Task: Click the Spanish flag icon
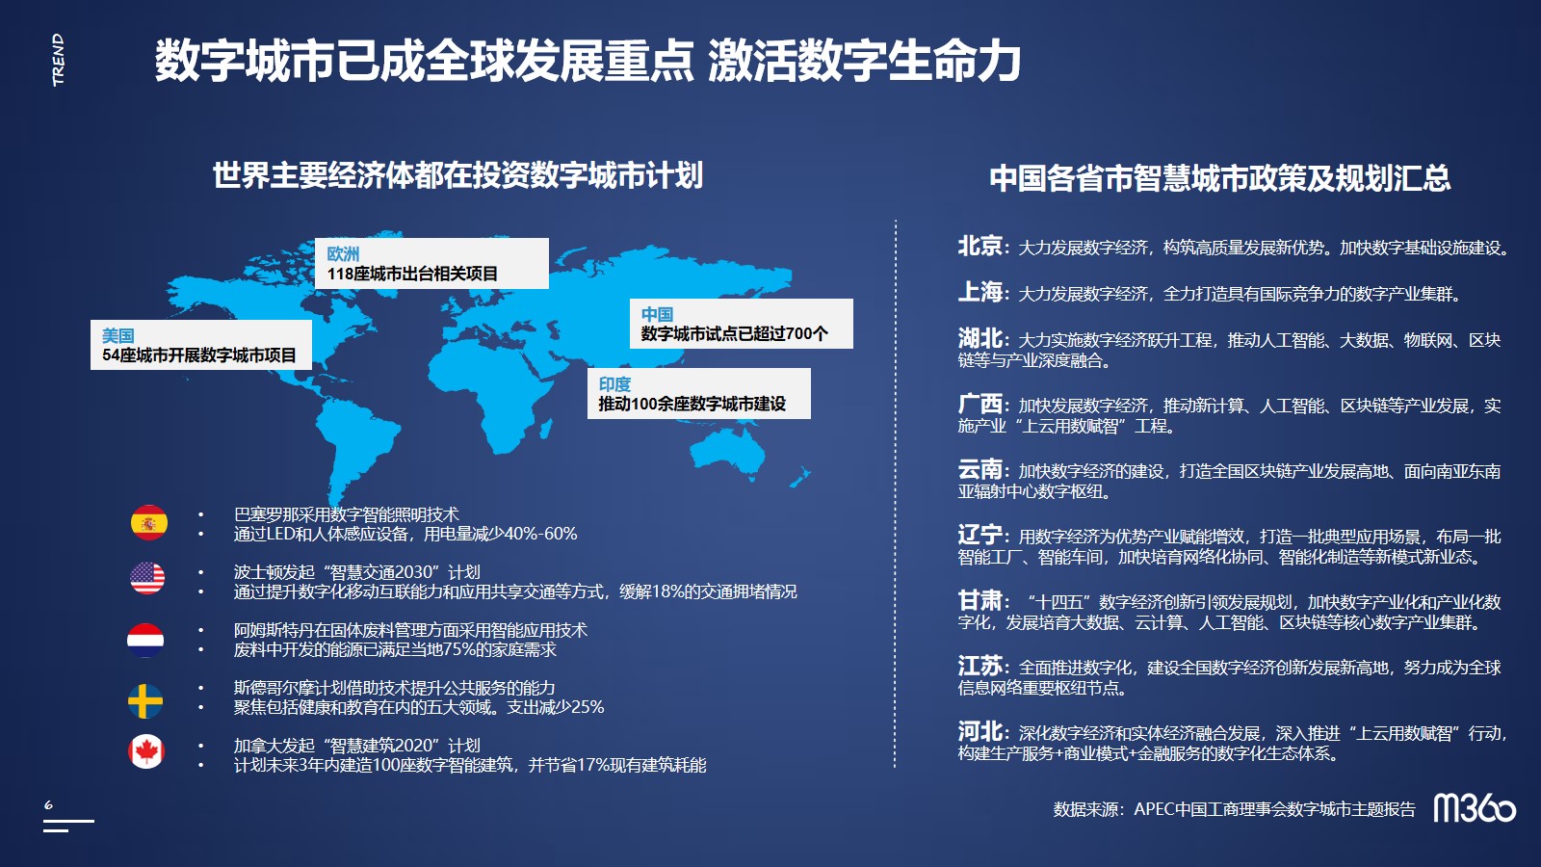coord(148,522)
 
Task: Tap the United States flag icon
coord(147,578)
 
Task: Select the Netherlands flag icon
coord(145,640)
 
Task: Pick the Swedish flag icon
coord(145,701)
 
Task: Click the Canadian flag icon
coord(145,751)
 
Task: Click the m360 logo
coord(1475,808)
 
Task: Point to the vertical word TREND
coord(59,60)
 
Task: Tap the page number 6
coord(48,804)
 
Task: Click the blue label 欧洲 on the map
coord(343,254)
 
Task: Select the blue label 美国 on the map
coord(118,336)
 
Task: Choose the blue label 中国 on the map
coord(657,314)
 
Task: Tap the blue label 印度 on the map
coord(614,384)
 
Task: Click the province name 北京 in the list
coord(979,246)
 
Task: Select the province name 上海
coord(979,292)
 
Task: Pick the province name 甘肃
coord(979,600)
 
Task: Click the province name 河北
coord(979,731)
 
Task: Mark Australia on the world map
coord(728,451)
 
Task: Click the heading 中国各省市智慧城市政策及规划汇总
coord(1219,177)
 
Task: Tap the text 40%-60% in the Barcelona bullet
coord(540,534)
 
